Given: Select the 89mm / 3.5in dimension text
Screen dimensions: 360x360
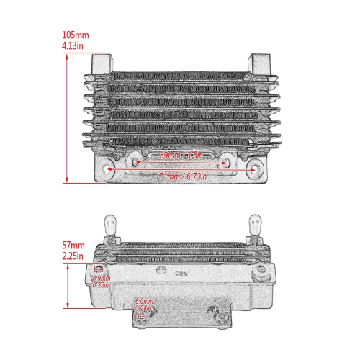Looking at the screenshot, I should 181,155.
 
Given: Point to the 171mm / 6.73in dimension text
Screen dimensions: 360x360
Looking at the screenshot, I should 181,174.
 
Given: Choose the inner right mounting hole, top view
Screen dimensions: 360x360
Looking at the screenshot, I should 226,161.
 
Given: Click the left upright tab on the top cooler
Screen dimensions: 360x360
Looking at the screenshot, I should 101,64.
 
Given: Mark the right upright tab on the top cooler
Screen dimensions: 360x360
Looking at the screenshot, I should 258,64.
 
